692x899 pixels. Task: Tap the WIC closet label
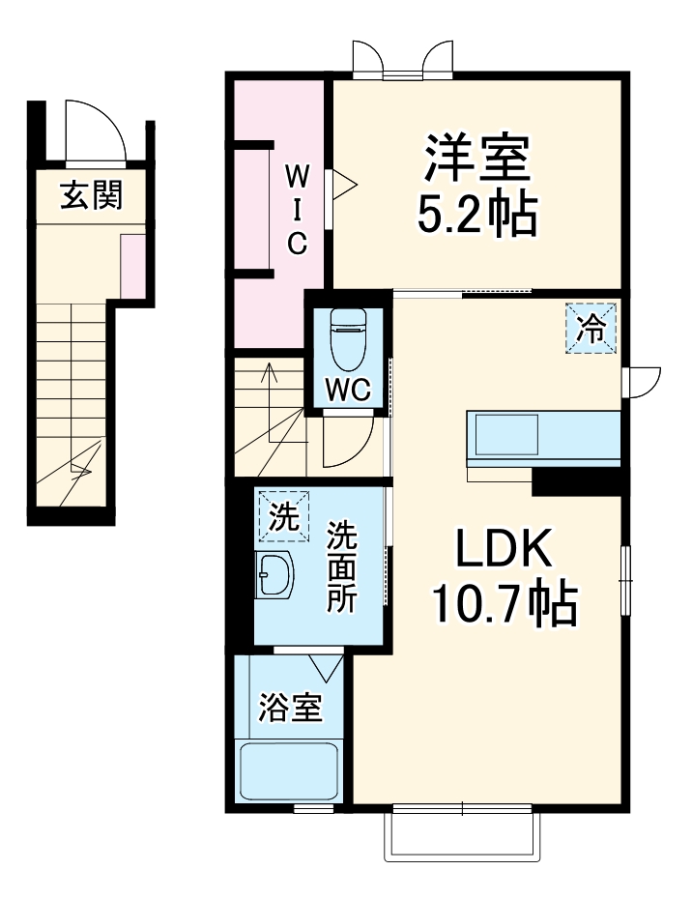point(298,210)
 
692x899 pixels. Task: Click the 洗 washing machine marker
point(283,517)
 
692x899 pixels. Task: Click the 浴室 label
point(289,708)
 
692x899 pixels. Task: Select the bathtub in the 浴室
point(289,770)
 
